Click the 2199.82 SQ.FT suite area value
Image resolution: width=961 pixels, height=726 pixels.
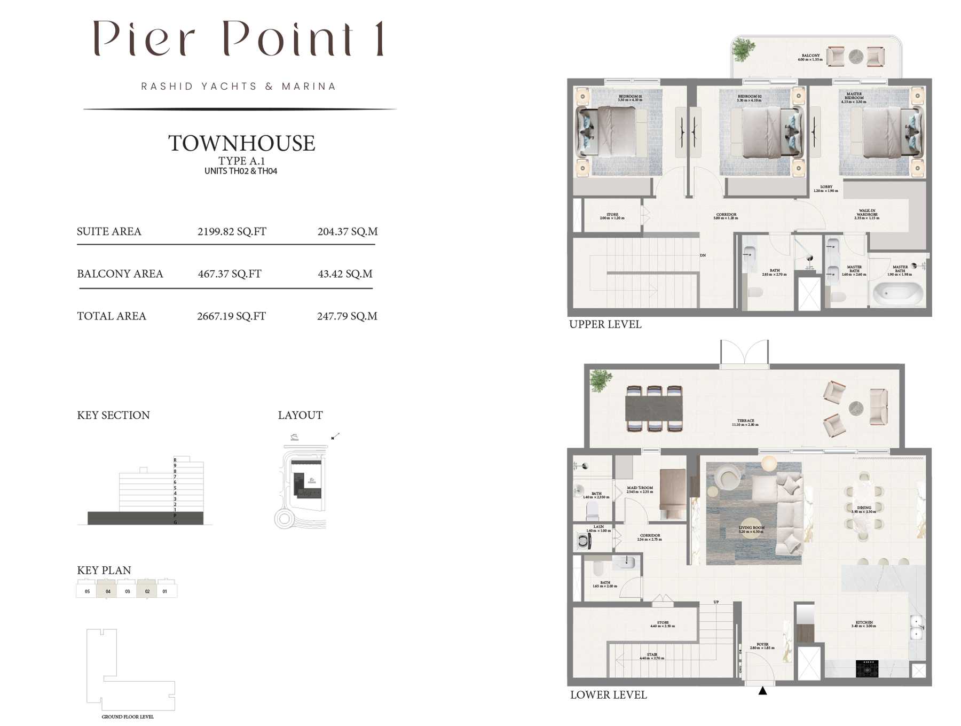[232, 231]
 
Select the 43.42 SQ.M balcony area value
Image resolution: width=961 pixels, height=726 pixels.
[345, 274]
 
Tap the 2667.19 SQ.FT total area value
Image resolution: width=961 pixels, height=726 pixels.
[231, 316]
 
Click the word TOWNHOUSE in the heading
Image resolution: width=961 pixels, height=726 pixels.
[241, 143]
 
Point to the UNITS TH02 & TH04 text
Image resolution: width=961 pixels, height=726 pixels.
[241, 171]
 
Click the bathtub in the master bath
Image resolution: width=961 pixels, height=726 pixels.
[897, 293]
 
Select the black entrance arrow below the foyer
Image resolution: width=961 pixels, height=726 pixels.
[762, 691]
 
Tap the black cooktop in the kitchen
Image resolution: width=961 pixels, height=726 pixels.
[867, 668]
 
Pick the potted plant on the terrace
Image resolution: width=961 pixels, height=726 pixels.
[601, 380]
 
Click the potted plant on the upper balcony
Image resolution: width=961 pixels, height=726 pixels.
[743, 50]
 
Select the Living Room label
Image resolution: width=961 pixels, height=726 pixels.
[751, 529]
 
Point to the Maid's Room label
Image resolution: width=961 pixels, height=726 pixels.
[640, 489]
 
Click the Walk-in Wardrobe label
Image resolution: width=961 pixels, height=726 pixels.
[867, 214]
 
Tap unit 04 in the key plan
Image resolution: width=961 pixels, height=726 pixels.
[107, 591]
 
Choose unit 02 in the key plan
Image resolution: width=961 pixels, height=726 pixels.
[147, 591]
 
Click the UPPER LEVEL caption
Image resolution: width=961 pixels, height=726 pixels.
[605, 324]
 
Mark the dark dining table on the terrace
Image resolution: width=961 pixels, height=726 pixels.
[654, 409]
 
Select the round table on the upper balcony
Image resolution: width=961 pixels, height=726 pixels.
[856, 57]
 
